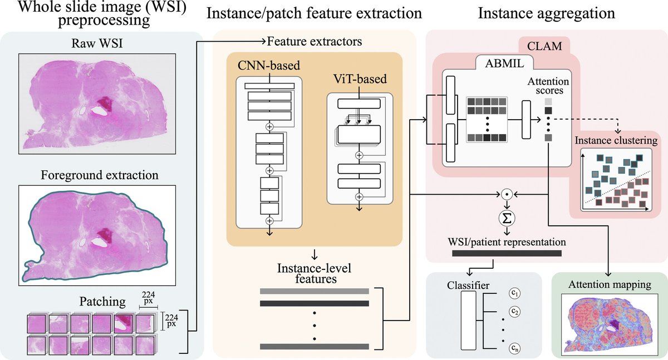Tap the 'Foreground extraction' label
click(x=100, y=175)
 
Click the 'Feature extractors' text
click(x=315, y=41)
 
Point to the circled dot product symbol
click(x=506, y=194)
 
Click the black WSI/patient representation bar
click(x=506, y=253)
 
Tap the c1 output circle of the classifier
click(x=514, y=292)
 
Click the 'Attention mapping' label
click(x=609, y=284)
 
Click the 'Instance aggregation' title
click(x=546, y=13)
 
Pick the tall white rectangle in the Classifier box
click(x=469, y=320)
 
